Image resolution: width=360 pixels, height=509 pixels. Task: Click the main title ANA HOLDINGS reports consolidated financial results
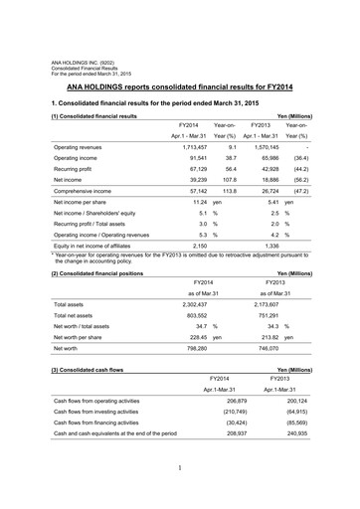pyautogui.click(x=179, y=87)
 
